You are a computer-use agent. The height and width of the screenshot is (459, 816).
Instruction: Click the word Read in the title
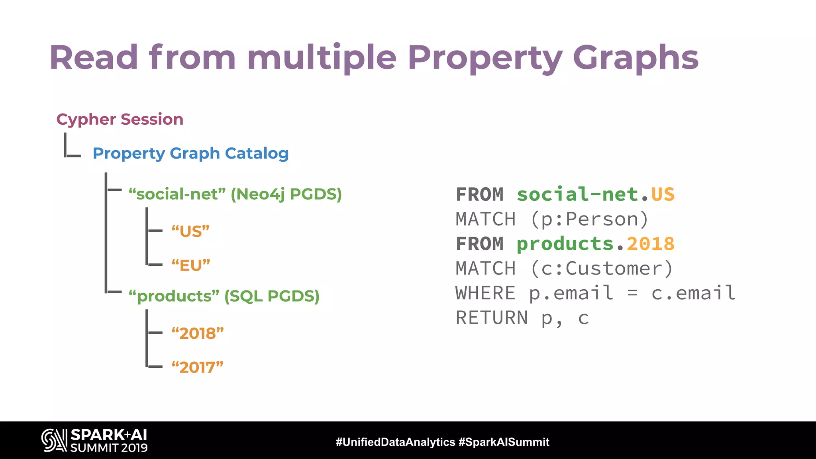pyautogui.click(x=94, y=58)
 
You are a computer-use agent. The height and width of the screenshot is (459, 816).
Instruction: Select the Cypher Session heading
pyautogui.click(x=120, y=119)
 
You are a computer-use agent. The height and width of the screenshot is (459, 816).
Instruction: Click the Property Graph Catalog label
pyautogui.click(x=190, y=153)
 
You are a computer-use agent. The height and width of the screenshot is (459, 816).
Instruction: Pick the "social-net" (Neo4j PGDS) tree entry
pyautogui.click(x=235, y=194)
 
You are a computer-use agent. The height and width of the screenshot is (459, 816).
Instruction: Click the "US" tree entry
pyautogui.click(x=190, y=231)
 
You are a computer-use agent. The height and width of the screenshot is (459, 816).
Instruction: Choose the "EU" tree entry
pyautogui.click(x=190, y=265)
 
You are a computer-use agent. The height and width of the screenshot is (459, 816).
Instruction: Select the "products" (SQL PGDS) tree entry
pyautogui.click(x=224, y=296)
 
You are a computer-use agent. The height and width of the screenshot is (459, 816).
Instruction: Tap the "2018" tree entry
pyautogui.click(x=198, y=333)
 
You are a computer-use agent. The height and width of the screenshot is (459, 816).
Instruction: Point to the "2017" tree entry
pyautogui.click(x=198, y=367)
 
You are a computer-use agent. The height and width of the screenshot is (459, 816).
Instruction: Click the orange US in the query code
pyautogui.click(x=663, y=194)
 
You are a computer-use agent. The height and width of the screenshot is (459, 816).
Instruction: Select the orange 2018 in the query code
pyautogui.click(x=651, y=244)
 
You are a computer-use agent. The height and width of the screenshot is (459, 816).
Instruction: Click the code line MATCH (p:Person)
pyautogui.click(x=552, y=220)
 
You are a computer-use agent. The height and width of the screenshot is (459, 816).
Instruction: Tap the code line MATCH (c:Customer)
pyautogui.click(x=564, y=269)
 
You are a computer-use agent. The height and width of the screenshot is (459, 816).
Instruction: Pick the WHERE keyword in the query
pyautogui.click(x=485, y=293)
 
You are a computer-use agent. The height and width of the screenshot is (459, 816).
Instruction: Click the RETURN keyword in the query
pyautogui.click(x=491, y=318)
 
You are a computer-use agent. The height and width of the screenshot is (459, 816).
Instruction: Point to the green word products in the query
pyautogui.click(x=565, y=244)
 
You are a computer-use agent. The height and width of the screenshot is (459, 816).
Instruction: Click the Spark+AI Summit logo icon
pyautogui.click(x=54, y=440)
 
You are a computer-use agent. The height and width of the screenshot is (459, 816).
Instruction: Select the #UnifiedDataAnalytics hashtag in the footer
pyautogui.click(x=395, y=442)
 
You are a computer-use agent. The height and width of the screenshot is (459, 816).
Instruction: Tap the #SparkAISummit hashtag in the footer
pyautogui.click(x=504, y=442)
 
